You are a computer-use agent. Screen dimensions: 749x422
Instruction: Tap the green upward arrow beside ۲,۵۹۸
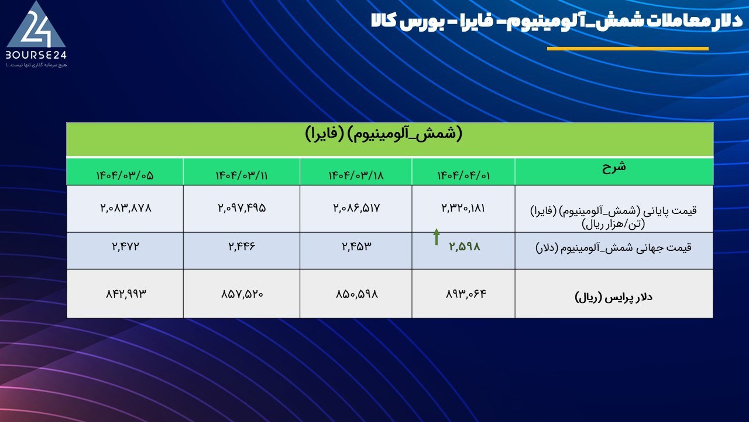[x=437, y=237]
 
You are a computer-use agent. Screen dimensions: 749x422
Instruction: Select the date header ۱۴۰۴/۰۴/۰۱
[x=463, y=175]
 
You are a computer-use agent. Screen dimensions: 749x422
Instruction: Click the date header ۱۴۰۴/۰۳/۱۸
[x=356, y=175]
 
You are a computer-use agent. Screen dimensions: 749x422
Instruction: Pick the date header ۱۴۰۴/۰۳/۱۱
[x=242, y=175]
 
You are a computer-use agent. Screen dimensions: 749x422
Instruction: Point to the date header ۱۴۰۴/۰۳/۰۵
[x=125, y=175]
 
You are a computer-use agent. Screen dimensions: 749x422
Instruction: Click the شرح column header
[x=614, y=167]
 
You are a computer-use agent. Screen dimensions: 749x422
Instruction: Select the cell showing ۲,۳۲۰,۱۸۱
[x=463, y=208]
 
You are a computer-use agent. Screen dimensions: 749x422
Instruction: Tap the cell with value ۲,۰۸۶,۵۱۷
[x=356, y=208]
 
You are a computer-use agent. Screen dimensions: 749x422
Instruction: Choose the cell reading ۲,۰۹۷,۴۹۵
[x=242, y=208]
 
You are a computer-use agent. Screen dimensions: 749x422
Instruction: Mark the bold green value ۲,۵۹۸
[x=465, y=247]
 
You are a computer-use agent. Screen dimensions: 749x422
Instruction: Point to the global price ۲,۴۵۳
[x=356, y=247]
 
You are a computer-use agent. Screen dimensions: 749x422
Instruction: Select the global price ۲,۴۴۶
[x=242, y=247]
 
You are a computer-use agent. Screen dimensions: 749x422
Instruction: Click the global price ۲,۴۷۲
[x=125, y=247]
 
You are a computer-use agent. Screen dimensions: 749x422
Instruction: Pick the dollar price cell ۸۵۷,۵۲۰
[x=242, y=294]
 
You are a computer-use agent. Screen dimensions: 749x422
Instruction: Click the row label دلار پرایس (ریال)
[x=614, y=297]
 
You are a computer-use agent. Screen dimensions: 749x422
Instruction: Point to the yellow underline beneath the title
[x=628, y=49]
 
